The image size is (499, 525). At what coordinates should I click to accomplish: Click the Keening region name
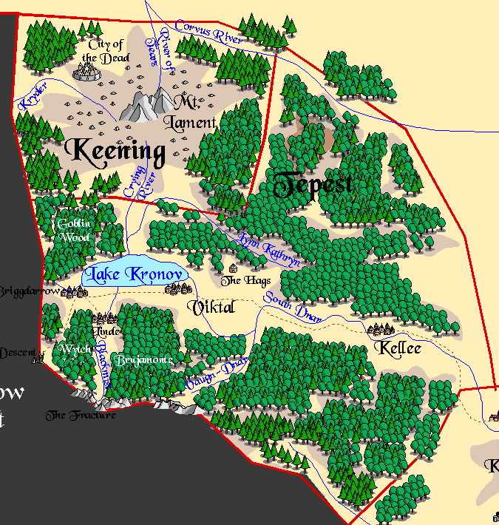click(115, 152)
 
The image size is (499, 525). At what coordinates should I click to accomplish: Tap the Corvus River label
click(209, 33)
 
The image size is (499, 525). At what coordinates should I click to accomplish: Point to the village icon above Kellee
click(380, 330)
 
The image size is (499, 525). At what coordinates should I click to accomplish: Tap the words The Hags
click(246, 281)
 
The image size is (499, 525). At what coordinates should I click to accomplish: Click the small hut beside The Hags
click(234, 268)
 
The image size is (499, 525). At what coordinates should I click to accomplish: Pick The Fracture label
click(81, 416)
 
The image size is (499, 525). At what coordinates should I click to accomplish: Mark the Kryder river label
click(33, 96)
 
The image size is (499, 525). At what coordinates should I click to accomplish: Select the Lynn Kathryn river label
click(270, 250)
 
